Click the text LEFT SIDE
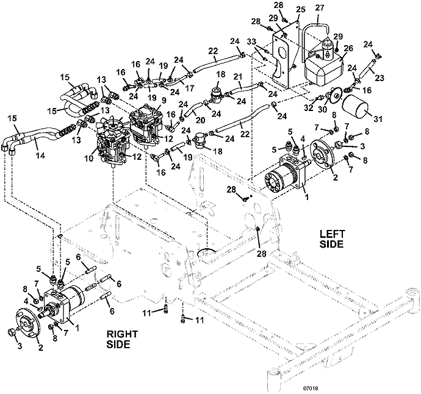pos(331,239)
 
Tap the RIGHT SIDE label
pos(122,339)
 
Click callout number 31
pos(378,118)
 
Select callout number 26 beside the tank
pos(348,49)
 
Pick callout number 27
pos(320,7)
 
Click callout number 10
pos(89,159)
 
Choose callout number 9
pos(164,100)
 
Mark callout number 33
pos(252,43)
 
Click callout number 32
pos(309,107)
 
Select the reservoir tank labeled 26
pos(325,68)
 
